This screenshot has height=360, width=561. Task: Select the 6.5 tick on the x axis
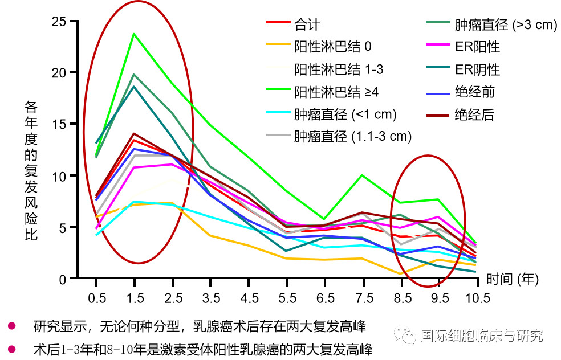click(325, 298)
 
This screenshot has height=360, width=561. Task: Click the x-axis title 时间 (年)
click(512, 280)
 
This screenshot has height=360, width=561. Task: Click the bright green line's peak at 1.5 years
click(134, 34)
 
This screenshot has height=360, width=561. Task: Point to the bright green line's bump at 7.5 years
click(361, 175)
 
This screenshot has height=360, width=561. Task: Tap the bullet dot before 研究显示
click(11, 326)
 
